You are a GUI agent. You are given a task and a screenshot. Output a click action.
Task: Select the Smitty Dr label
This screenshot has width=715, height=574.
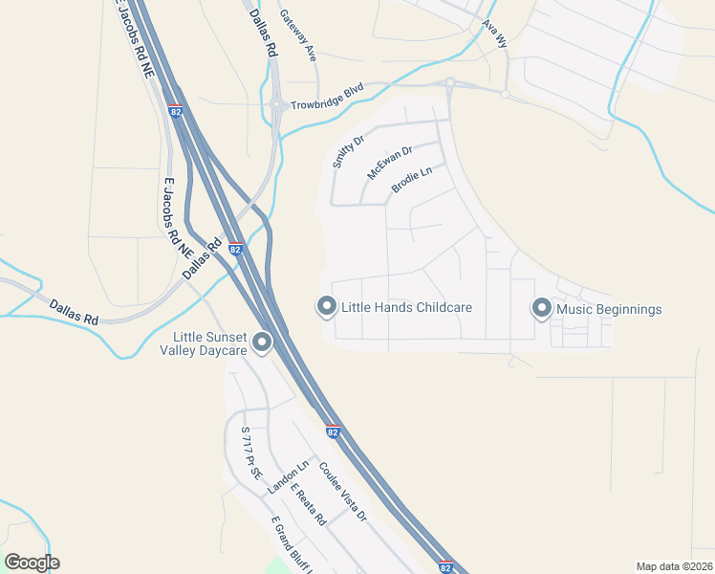(x=349, y=152)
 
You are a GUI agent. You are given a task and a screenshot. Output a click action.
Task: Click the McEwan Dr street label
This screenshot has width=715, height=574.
(x=389, y=164)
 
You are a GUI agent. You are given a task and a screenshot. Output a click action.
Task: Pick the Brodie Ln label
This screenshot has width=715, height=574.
(x=412, y=181)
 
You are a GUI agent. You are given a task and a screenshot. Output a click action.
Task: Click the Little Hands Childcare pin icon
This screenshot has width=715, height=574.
(x=326, y=307)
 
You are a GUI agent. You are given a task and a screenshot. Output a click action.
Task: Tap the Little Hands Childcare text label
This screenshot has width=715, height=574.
(x=406, y=308)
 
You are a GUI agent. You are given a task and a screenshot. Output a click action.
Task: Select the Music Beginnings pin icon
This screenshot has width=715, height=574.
(x=542, y=308)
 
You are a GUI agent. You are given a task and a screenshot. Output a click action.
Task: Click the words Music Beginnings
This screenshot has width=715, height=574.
(x=610, y=309)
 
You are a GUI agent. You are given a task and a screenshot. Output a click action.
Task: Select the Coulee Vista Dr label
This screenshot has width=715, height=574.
(x=342, y=492)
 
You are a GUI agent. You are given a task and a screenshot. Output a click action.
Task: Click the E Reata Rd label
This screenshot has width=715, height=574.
(x=309, y=504)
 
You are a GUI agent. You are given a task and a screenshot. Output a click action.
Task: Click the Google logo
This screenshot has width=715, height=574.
(x=32, y=562)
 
